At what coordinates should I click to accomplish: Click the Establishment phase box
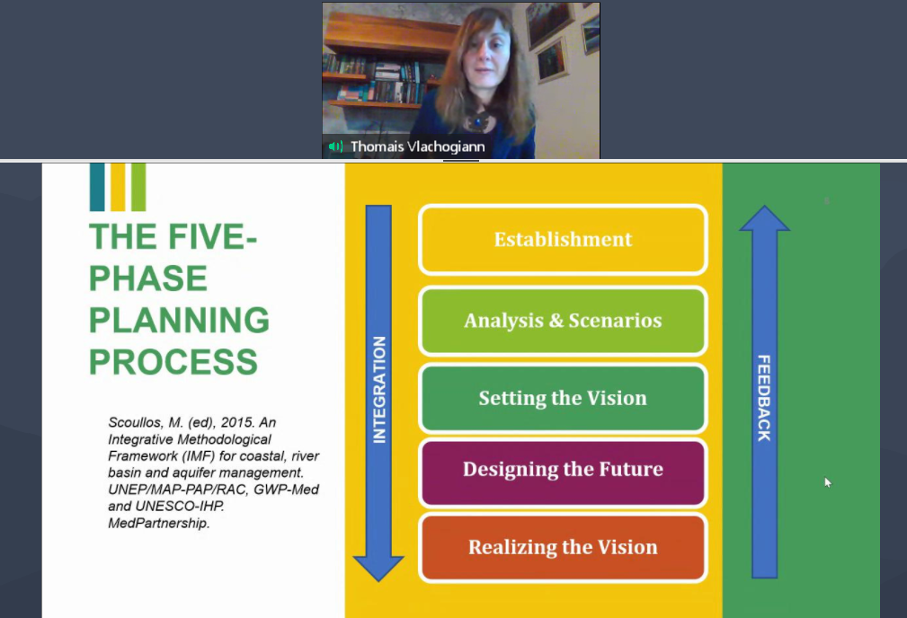(x=563, y=239)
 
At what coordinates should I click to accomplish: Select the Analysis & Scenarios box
(x=563, y=321)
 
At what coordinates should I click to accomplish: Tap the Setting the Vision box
(x=563, y=398)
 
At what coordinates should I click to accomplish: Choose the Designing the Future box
(x=563, y=469)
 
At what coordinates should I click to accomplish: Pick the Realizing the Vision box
(x=563, y=547)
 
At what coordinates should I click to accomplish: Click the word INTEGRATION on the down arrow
(x=379, y=390)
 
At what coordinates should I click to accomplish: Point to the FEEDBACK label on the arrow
(x=764, y=398)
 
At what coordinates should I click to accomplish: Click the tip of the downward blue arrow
(x=378, y=580)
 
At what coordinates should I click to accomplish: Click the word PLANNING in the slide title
(x=179, y=320)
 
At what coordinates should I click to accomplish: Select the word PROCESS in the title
(x=173, y=362)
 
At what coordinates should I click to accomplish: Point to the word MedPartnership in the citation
(x=158, y=523)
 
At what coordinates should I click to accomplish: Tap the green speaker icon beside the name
(x=335, y=146)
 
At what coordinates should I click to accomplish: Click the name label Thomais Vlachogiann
(x=418, y=146)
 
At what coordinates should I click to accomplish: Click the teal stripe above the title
(x=97, y=187)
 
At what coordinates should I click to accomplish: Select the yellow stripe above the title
(x=118, y=187)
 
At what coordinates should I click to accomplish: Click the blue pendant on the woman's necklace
(x=478, y=121)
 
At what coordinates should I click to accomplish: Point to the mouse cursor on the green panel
(x=828, y=482)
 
